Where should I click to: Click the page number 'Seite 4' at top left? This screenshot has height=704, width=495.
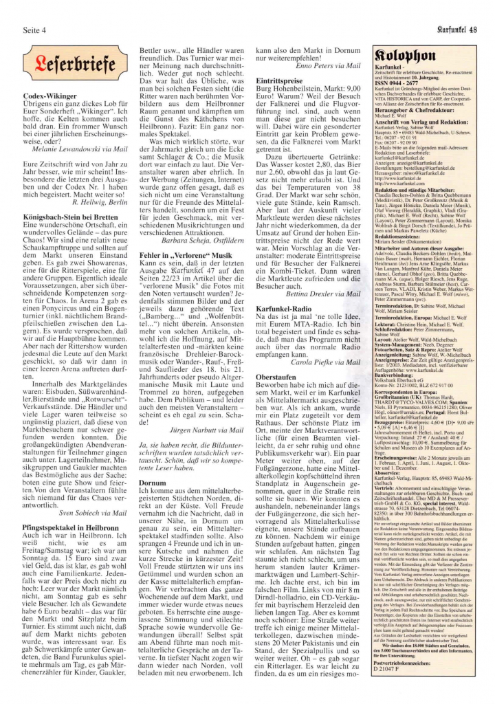coord(35,30)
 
